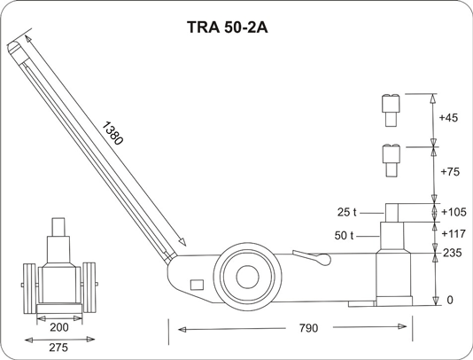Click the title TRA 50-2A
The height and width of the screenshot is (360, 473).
click(227, 27)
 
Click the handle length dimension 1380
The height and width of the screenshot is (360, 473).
click(112, 133)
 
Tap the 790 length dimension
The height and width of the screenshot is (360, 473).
click(308, 328)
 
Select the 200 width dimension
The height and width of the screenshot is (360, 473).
click(59, 327)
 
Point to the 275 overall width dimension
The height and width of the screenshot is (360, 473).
click(58, 348)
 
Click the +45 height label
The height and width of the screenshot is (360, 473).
click(448, 117)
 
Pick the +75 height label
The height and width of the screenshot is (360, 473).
click(450, 171)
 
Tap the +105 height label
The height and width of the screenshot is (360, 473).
click(454, 212)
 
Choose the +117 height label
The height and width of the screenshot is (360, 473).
click(454, 234)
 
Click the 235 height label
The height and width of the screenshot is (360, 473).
click(453, 253)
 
